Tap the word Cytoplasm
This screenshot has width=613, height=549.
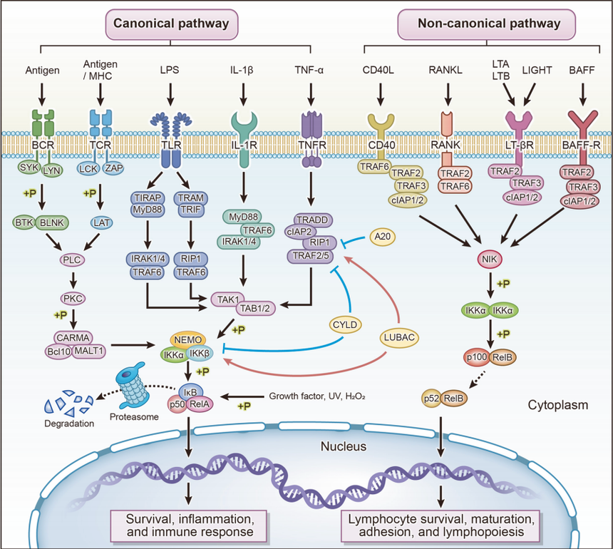tap(557, 406)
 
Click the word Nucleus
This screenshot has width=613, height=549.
tap(344, 446)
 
